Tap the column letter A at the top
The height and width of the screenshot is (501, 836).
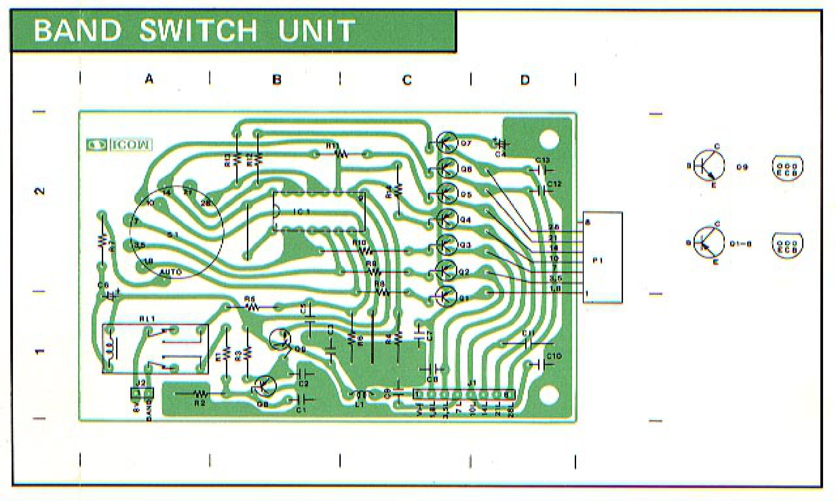[149, 79]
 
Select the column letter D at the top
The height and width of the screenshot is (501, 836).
[525, 80]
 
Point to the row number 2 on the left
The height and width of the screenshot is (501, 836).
[40, 191]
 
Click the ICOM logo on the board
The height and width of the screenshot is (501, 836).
[119, 145]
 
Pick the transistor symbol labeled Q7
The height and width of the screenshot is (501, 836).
[447, 143]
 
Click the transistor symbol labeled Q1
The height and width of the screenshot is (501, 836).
[446, 296]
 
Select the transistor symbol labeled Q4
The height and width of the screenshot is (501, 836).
[447, 219]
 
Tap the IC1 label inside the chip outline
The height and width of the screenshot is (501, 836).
[302, 212]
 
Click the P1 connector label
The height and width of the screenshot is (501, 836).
[598, 261]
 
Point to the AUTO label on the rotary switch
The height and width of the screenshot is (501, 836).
[171, 272]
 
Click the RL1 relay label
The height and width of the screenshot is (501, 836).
[147, 319]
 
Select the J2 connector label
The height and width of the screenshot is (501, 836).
[141, 383]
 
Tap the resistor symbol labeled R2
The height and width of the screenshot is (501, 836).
[201, 394]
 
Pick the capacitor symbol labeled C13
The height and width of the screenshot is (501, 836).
[541, 170]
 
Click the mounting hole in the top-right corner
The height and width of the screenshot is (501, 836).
[549, 139]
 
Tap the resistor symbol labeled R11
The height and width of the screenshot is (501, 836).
[341, 154]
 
